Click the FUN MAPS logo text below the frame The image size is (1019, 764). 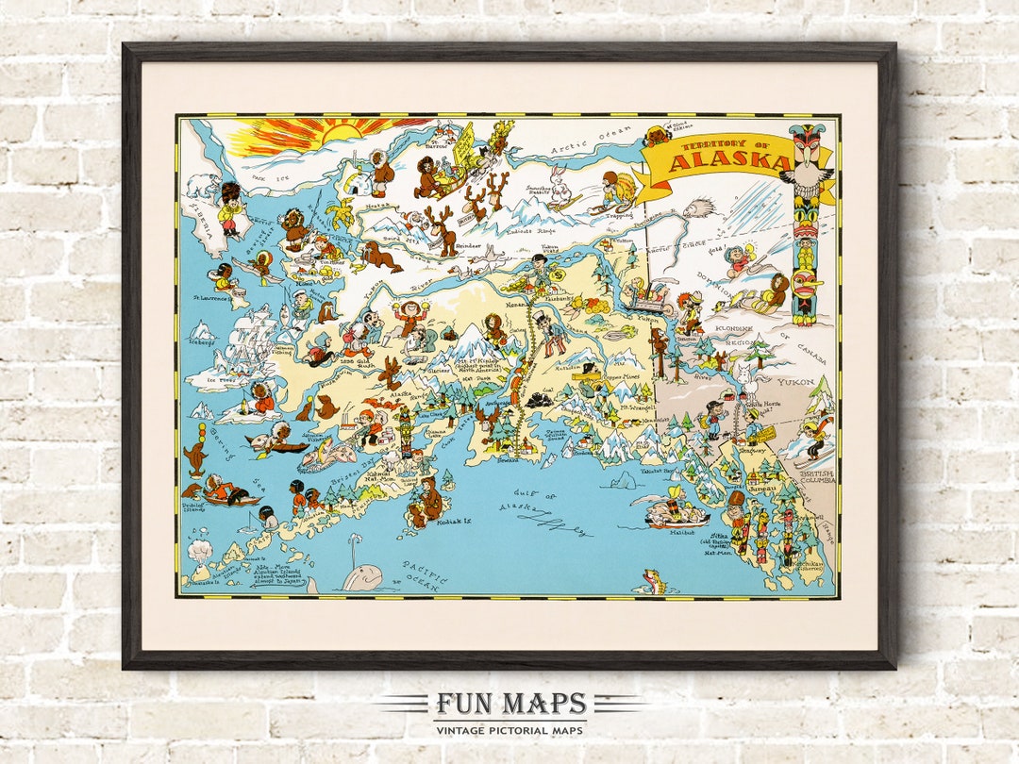(x=509, y=705)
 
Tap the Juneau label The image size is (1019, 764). (x=760, y=489)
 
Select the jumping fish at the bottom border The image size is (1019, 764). (x=652, y=581)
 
